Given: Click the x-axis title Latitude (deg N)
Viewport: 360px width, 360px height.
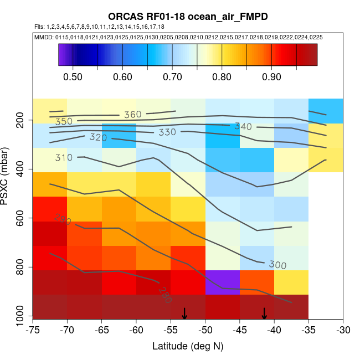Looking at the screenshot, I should [x=188, y=346].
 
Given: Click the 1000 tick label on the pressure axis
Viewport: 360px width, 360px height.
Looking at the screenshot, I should [x=20, y=317].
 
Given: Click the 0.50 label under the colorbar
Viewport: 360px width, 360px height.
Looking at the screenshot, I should [x=73, y=77].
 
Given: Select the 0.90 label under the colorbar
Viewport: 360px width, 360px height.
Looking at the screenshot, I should [x=271, y=77].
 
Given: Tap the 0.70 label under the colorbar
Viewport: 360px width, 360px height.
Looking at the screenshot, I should [x=172, y=77].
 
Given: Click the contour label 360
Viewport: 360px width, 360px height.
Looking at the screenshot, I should [x=133, y=115].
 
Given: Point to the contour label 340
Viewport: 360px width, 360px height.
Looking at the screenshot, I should [x=243, y=126].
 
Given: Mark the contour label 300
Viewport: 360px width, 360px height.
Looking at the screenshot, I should [x=277, y=265].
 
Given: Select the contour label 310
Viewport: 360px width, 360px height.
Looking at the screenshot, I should [x=64, y=158].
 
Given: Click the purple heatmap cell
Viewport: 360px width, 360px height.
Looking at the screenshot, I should [x=223, y=282].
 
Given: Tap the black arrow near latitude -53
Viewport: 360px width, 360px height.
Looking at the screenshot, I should [x=184, y=313].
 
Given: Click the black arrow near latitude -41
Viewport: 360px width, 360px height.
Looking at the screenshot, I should [x=264, y=313].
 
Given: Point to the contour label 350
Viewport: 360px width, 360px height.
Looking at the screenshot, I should [x=64, y=121].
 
